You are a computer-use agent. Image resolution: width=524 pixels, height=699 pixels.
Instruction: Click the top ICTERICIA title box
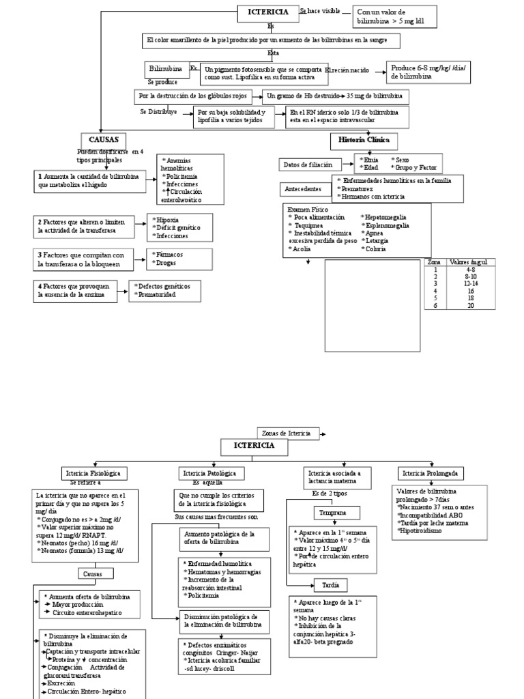(x=267, y=12)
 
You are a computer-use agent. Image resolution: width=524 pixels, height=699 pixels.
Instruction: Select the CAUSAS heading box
(x=100, y=139)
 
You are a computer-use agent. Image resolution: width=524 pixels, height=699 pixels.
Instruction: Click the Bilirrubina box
(x=165, y=69)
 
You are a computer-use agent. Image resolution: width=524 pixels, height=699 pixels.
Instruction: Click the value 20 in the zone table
(x=470, y=305)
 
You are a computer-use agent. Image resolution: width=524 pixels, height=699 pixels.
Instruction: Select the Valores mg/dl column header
(x=470, y=262)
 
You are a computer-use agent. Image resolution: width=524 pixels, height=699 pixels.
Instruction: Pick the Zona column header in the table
(x=434, y=262)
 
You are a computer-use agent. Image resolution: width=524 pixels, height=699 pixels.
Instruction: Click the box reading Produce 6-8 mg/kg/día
(x=430, y=72)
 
